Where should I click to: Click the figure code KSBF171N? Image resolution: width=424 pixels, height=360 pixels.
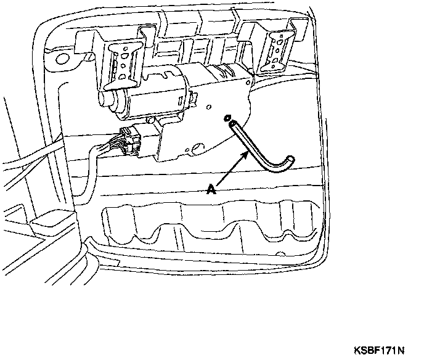(378, 351)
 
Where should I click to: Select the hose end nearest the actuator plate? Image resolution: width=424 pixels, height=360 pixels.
(232, 125)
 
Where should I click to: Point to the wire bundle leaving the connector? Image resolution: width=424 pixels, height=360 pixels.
(99, 151)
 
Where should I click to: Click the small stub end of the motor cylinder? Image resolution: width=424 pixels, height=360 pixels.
(106, 98)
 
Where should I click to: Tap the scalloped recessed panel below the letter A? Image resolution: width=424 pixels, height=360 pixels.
(210, 225)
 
